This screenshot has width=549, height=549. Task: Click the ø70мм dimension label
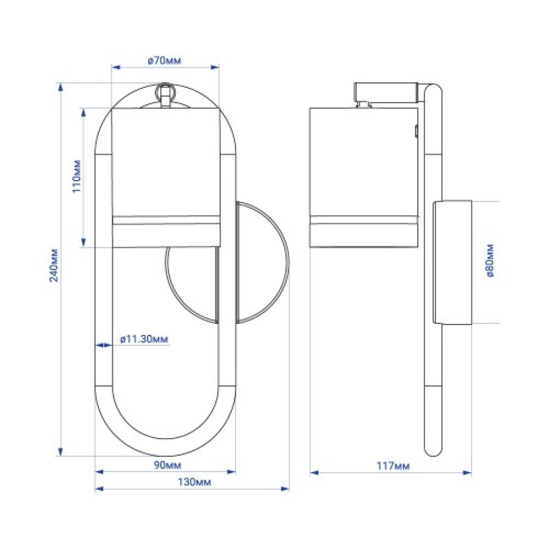pos(165,60)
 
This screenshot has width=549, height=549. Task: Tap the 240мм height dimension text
pos(54,265)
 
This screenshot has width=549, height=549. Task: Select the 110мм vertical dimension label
pos(77,176)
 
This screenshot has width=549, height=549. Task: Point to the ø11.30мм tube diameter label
pos(144,339)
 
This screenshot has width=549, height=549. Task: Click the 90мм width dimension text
pos(168,465)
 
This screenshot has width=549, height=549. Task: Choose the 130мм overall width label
pos(195,482)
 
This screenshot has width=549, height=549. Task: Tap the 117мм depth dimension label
pos(393,466)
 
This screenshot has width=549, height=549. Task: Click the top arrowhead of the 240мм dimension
pos(60,87)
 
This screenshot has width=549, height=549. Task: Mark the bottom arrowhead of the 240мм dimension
pos(60,452)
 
